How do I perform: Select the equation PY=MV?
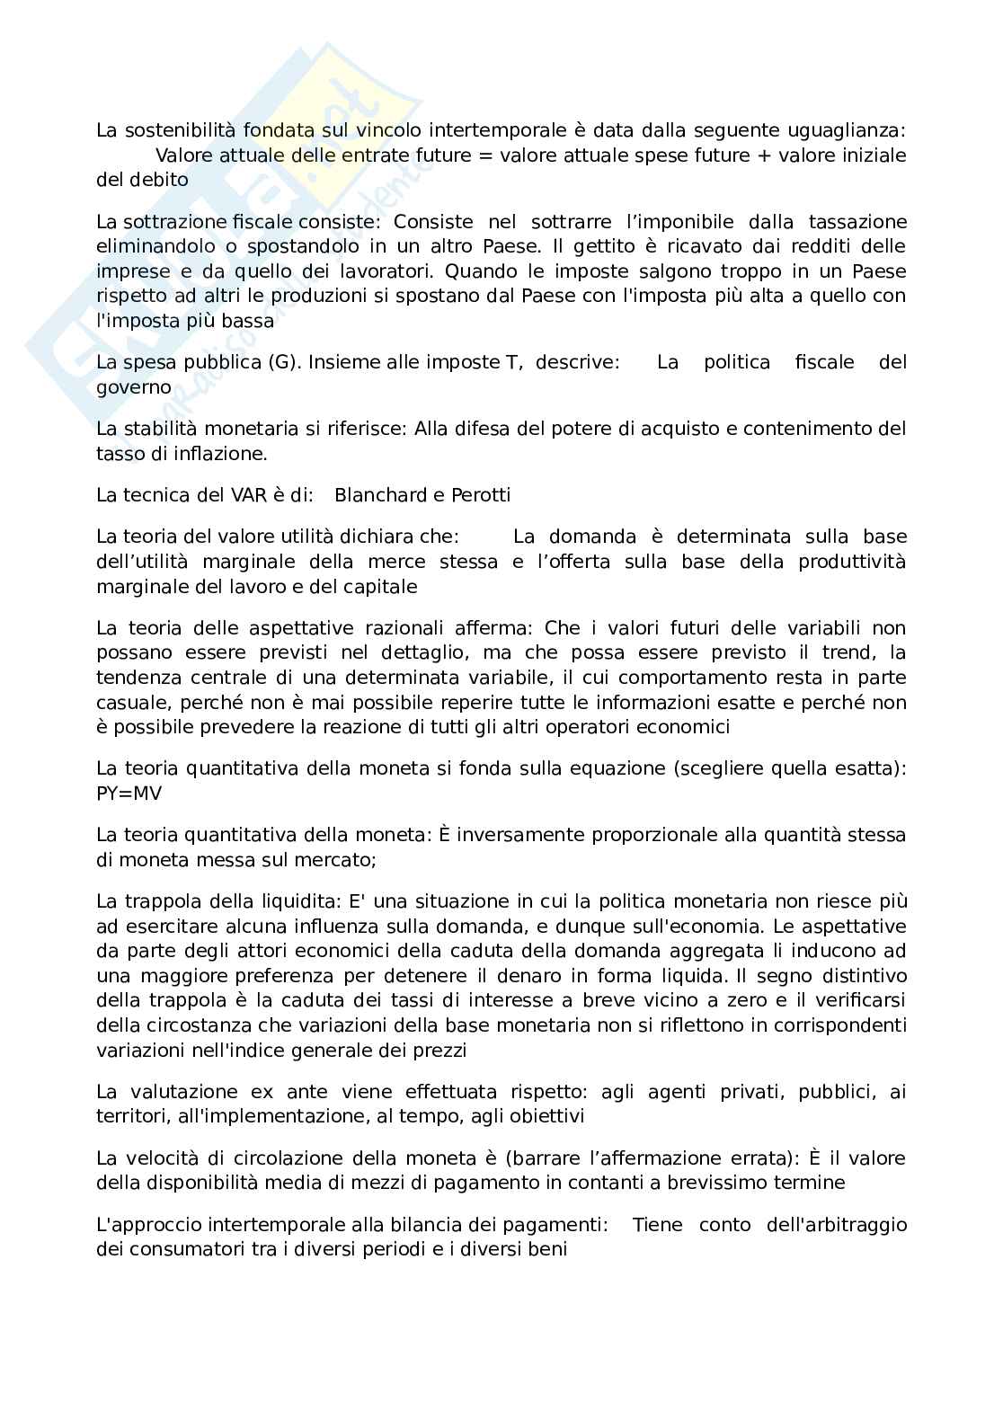(128, 794)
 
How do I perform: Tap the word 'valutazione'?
(173, 1092)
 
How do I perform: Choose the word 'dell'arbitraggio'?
(836, 1225)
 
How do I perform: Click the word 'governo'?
(133, 387)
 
